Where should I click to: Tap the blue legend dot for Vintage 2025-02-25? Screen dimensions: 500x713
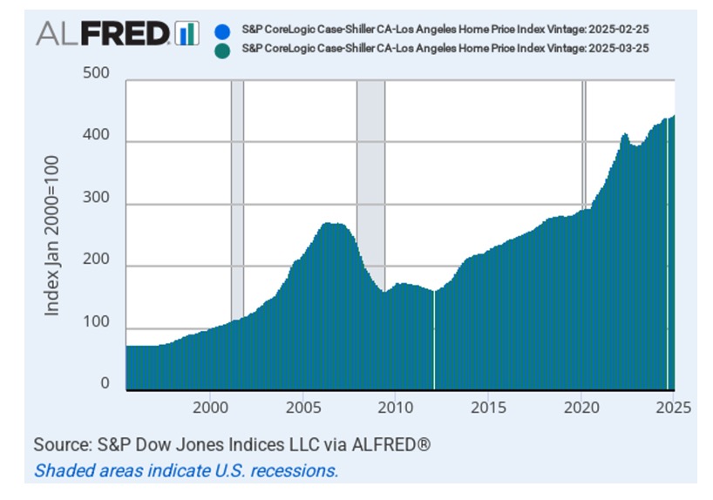(220, 29)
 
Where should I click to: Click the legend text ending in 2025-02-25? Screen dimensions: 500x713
(445, 29)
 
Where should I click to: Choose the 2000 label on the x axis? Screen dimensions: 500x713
(209, 408)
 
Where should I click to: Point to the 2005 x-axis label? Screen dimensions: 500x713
(302, 408)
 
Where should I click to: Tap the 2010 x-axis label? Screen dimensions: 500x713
(395, 408)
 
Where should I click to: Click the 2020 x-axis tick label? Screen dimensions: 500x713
(581, 408)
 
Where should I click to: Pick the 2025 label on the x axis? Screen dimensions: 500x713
(672, 408)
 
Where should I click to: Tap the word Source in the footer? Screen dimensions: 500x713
(64, 445)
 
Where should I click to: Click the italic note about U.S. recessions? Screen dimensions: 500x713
(186, 470)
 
